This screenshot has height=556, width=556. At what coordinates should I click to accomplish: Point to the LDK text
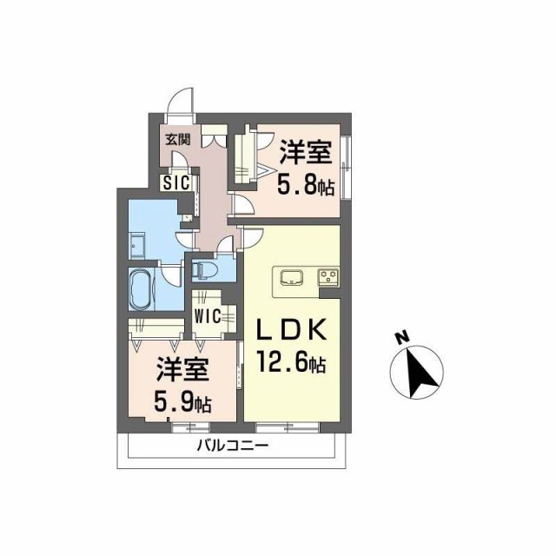[290, 330]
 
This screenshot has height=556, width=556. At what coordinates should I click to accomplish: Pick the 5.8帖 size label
[305, 185]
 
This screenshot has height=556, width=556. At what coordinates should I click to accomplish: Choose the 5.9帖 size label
[183, 402]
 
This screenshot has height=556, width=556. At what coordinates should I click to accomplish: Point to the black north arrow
[418, 374]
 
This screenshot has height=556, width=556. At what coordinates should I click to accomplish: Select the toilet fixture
[206, 268]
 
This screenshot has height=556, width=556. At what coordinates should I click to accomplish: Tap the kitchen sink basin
[290, 278]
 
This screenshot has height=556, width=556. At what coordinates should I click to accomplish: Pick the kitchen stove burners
[329, 278]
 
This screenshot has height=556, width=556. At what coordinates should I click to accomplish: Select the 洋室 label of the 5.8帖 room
[305, 155]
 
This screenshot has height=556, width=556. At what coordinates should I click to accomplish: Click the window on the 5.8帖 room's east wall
[347, 165]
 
